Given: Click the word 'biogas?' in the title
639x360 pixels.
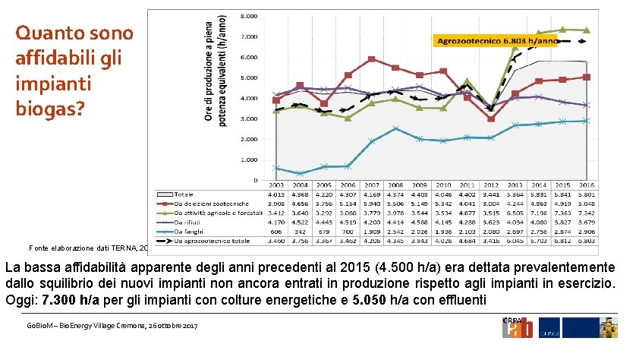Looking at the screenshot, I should (x=50, y=108).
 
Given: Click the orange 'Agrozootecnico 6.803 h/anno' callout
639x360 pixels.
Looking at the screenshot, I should (x=495, y=40).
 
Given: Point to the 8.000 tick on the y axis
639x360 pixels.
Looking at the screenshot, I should (x=248, y=15).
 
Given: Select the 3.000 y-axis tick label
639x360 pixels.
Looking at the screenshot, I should (x=248, y=118).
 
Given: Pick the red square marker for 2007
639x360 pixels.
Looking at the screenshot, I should (x=371, y=59).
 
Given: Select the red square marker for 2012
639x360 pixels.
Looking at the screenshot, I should (x=491, y=118).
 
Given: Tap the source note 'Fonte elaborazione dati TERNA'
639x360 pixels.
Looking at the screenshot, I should (x=76, y=248).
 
